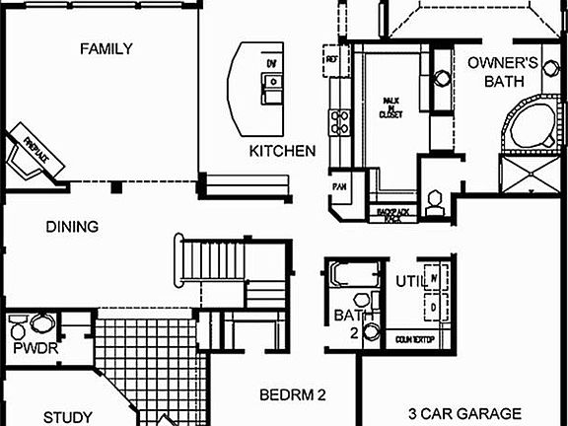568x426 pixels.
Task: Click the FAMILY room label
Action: (x=106, y=49)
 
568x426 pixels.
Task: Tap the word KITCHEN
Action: (x=282, y=151)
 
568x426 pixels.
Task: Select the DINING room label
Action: (x=72, y=227)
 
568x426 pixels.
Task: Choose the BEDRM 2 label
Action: (x=293, y=395)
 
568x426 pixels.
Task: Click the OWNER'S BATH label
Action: (x=503, y=72)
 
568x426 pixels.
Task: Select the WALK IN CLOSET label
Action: (x=391, y=107)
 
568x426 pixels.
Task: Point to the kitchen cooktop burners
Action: (x=341, y=122)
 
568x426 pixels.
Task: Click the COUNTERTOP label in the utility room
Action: (x=415, y=338)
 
